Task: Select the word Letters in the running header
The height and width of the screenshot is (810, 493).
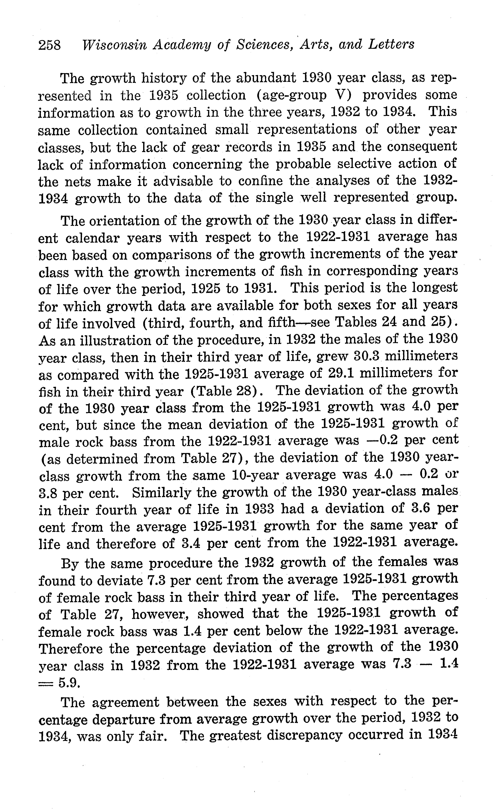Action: [x=391, y=44]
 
